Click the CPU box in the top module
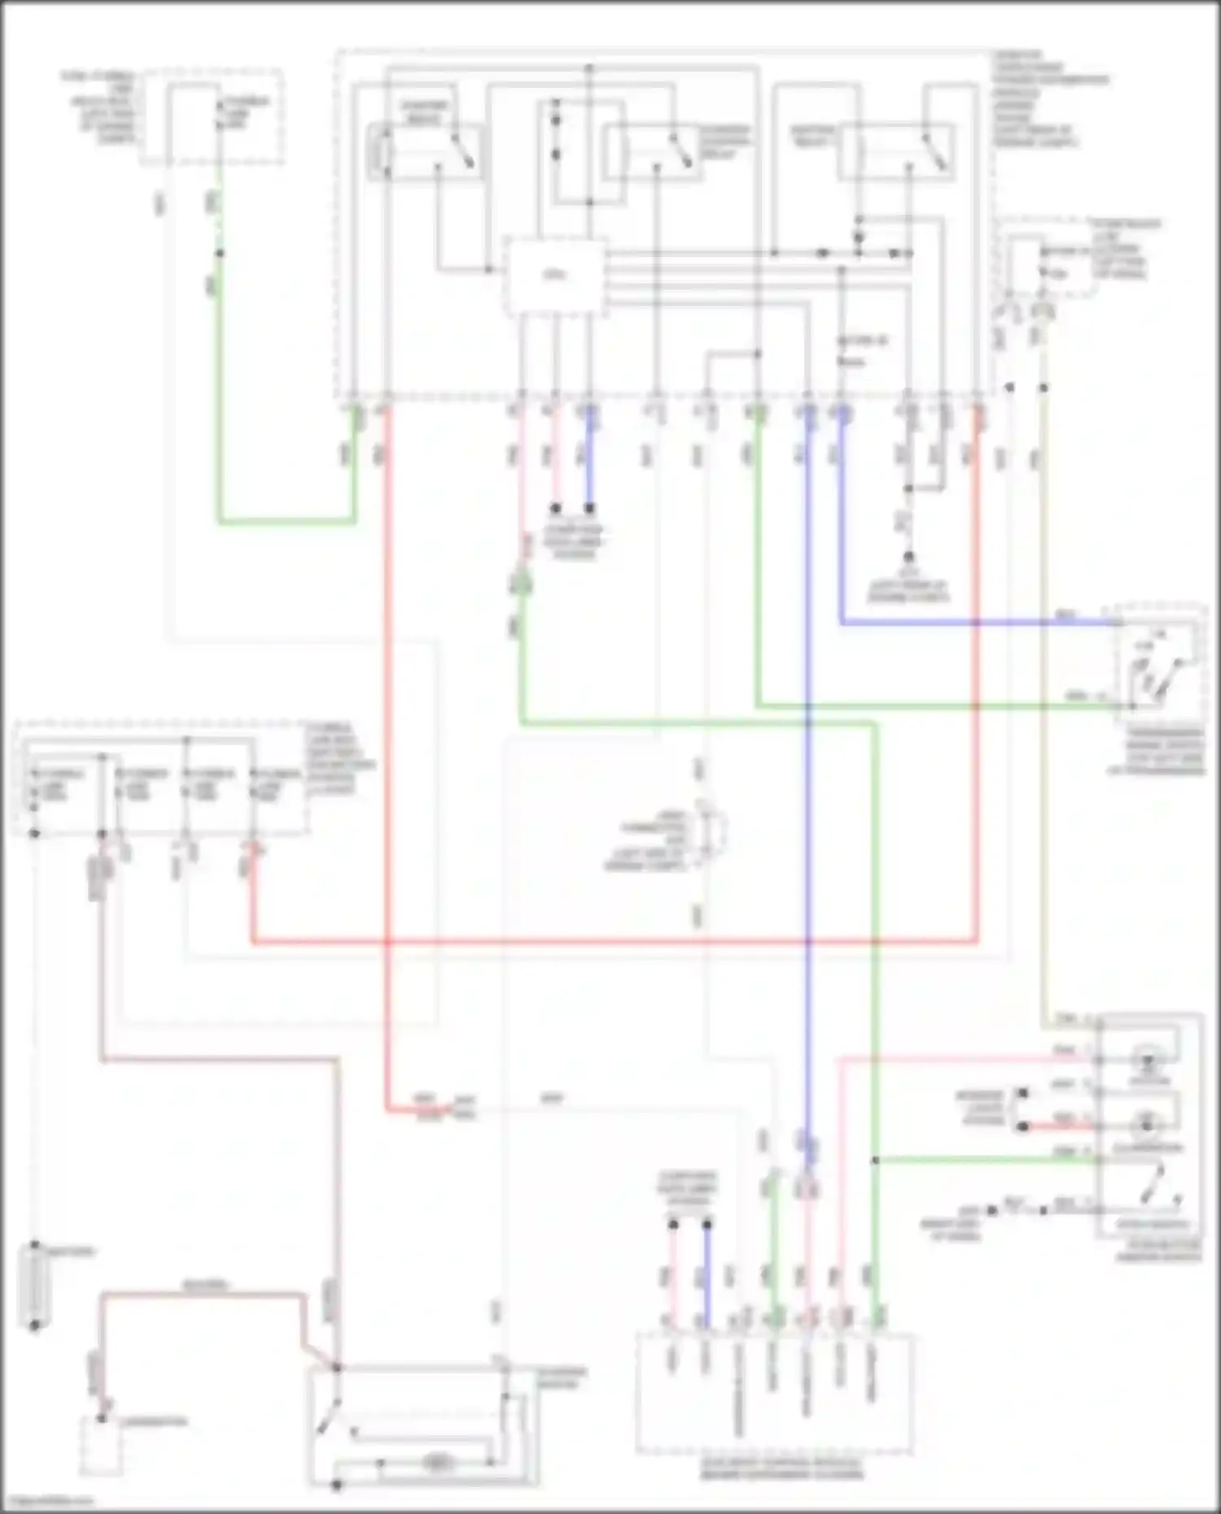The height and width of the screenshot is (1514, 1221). (x=556, y=277)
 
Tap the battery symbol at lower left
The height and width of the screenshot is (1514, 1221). (x=34, y=1285)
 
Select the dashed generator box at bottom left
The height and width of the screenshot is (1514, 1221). (x=100, y=1446)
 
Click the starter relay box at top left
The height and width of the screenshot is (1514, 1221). (x=425, y=151)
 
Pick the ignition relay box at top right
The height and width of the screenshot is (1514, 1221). (x=895, y=151)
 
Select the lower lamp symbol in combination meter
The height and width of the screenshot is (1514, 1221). (x=1148, y=1126)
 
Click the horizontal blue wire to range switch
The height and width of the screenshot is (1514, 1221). (x=977, y=623)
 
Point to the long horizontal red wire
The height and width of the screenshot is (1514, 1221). (x=610, y=943)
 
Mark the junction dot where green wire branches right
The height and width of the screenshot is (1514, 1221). (x=876, y=1160)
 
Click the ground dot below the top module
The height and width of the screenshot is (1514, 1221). (x=909, y=558)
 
